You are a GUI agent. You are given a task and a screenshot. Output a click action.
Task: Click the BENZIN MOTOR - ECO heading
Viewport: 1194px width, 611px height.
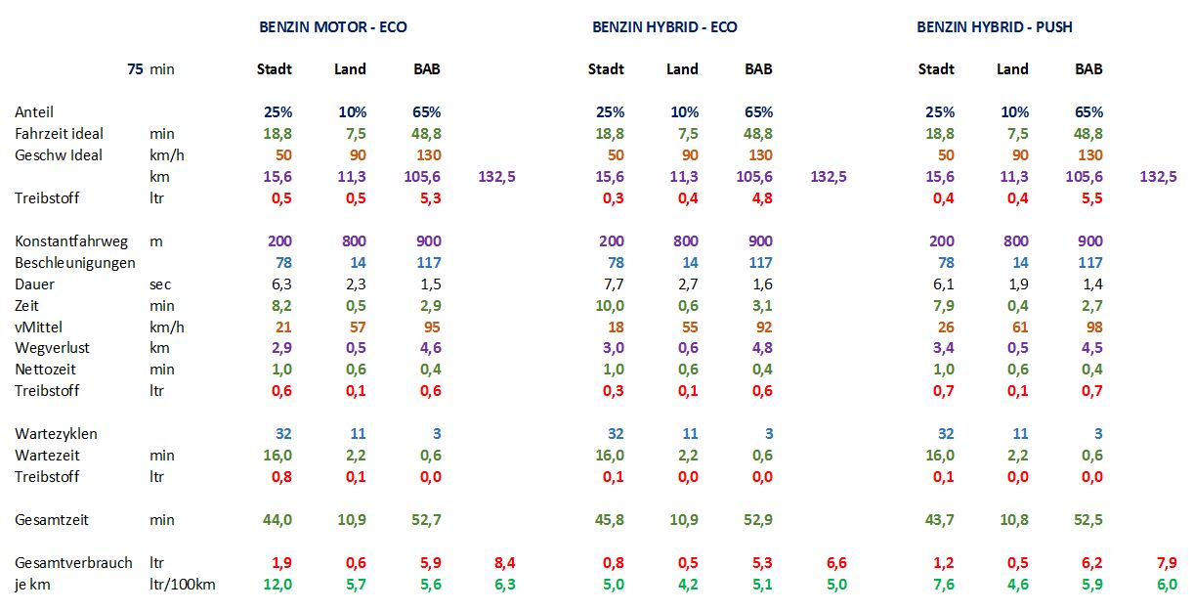click(x=333, y=27)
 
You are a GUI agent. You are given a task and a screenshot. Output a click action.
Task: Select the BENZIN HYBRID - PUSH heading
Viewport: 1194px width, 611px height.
click(x=995, y=27)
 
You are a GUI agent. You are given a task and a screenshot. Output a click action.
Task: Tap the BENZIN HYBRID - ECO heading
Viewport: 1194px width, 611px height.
click(x=664, y=27)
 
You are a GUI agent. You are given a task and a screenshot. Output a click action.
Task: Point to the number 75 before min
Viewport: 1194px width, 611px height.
click(x=135, y=69)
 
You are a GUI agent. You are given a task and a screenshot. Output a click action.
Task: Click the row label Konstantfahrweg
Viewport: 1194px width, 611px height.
click(x=71, y=241)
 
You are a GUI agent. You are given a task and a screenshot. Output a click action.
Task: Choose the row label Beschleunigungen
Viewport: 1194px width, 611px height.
click(x=75, y=263)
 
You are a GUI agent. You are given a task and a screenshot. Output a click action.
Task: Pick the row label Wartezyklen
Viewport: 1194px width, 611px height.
click(x=56, y=434)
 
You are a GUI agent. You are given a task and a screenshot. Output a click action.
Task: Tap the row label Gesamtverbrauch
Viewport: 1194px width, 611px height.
click(x=73, y=563)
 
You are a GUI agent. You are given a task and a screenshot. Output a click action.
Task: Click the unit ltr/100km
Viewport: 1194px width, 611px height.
click(x=183, y=585)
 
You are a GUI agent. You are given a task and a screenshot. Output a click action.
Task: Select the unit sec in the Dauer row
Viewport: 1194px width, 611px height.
click(x=160, y=284)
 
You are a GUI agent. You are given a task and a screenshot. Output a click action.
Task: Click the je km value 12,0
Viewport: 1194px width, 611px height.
click(x=277, y=585)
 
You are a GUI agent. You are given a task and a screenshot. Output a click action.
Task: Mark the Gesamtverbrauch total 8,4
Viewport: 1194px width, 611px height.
click(x=504, y=563)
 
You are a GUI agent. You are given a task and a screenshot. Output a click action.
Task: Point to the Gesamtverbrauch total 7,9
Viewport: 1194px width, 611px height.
click(x=1167, y=563)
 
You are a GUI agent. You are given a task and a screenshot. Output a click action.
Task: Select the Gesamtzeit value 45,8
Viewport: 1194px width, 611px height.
click(x=610, y=520)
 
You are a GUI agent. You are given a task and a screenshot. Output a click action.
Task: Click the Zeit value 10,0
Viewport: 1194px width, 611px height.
click(x=610, y=306)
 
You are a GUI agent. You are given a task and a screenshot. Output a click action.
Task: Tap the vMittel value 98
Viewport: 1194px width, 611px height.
click(x=1093, y=327)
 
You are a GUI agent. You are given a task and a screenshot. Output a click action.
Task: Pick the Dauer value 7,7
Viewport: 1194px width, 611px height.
click(x=613, y=284)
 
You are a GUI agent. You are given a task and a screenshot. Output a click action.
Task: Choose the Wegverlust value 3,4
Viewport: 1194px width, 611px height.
click(x=943, y=348)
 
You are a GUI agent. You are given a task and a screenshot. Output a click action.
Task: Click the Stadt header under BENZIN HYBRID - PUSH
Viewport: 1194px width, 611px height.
click(x=936, y=69)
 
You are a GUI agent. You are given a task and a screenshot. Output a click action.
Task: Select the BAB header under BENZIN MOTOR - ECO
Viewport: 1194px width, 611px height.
click(x=427, y=69)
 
